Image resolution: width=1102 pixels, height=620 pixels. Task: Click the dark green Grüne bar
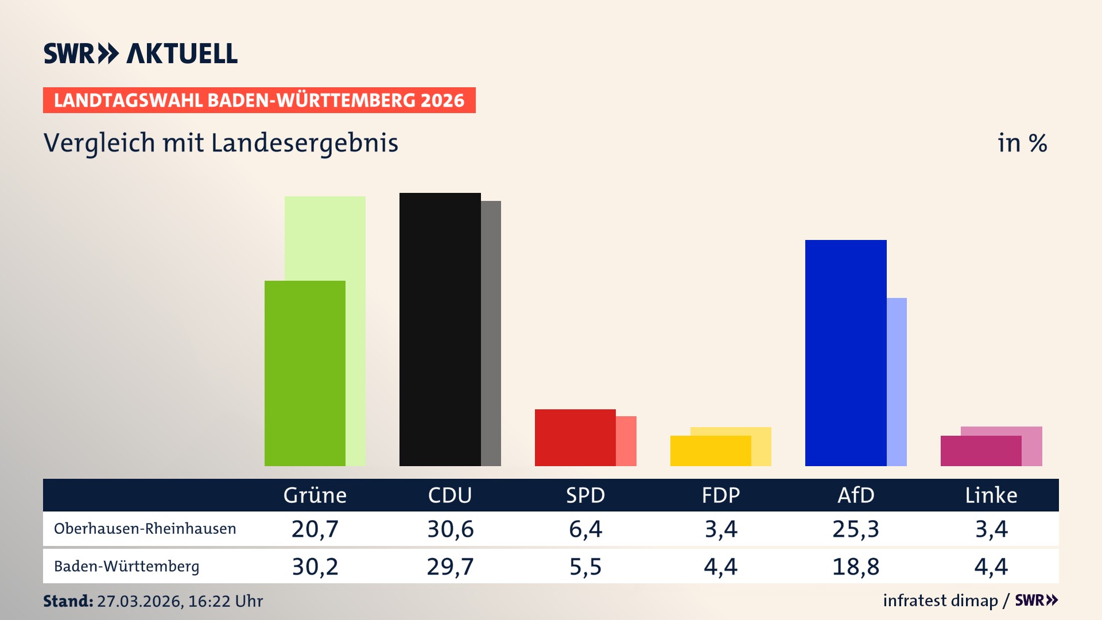[x=305, y=373]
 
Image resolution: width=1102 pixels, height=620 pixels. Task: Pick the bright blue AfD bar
[x=845, y=352]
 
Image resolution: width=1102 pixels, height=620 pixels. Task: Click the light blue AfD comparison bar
[x=897, y=381]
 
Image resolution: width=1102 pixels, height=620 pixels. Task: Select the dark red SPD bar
[x=575, y=437]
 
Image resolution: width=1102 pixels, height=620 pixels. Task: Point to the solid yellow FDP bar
[x=710, y=451]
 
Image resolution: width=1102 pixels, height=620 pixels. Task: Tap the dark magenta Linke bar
[x=980, y=451]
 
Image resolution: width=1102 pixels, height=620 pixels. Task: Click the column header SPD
[x=585, y=495]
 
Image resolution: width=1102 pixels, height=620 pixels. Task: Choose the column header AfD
[x=855, y=495]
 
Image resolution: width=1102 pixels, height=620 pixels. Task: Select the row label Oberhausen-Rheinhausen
[x=145, y=529]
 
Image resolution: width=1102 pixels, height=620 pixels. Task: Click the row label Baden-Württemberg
[x=126, y=567]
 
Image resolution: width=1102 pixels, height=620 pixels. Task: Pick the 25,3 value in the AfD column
[x=855, y=529]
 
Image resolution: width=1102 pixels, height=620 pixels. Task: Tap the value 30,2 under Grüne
[x=315, y=567]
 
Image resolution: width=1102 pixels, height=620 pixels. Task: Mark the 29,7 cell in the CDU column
[x=450, y=567]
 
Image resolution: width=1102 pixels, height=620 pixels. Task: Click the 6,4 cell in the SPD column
[x=585, y=529]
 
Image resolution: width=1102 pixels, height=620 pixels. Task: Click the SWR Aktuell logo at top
[x=141, y=53]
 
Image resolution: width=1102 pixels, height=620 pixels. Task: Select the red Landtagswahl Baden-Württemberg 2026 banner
[x=259, y=100]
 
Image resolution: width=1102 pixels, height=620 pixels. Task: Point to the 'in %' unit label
[x=1022, y=143]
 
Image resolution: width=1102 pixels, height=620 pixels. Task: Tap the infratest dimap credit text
[x=940, y=600]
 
